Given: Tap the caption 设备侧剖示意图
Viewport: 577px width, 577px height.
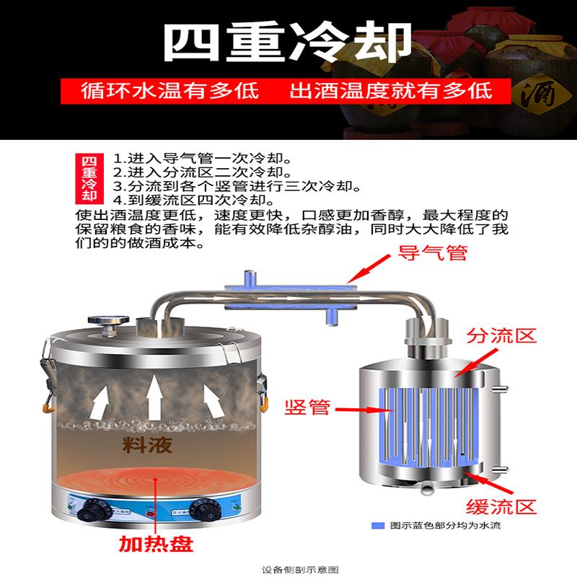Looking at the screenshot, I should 288,569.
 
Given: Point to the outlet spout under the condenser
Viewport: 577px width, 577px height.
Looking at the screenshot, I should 428,488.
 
